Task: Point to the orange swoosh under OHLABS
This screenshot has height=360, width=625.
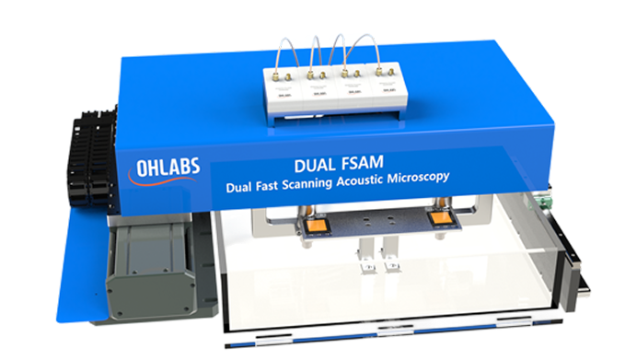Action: click(161, 182)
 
